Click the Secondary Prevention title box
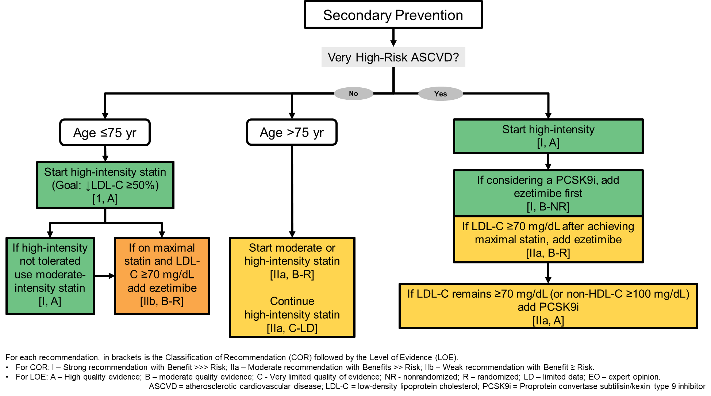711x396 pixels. click(x=393, y=15)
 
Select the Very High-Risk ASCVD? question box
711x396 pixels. click(x=393, y=57)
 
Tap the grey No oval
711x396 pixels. click(x=353, y=94)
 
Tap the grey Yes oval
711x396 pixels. click(x=440, y=94)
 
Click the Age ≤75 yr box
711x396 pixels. click(x=105, y=132)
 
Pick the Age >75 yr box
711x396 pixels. click(x=292, y=132)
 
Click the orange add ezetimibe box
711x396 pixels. click(x=162, y=276)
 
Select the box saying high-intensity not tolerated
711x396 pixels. click(x=50, y=276)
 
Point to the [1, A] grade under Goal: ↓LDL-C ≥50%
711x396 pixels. click(x=105, y=199)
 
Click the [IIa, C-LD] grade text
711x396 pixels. click(x=292, y=328)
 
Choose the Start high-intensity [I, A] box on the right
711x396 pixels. click(x=548, y=136)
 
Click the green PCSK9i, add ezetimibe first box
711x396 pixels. click(x=548, y=193)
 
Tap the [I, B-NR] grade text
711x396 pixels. click(x=548, y=207)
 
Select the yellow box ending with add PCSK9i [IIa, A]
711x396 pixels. click(x=548, y=306)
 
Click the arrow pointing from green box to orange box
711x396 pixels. click(x=104, y=276)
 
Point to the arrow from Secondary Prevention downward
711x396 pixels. click(x=393, y=38)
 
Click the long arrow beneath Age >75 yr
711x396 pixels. click(x=292, y=190)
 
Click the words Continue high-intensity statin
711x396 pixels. click(x=292, y=308)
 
